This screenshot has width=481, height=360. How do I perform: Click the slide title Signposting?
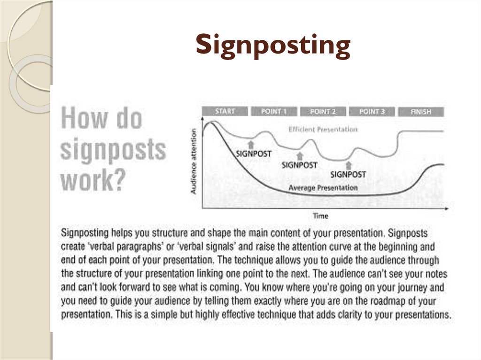273,46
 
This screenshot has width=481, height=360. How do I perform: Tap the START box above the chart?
225,111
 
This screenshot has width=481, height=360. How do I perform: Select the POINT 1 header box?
274,111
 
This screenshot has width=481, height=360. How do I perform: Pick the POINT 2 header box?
323,111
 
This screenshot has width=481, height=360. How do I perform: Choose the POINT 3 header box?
372,111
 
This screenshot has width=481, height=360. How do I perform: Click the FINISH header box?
421,112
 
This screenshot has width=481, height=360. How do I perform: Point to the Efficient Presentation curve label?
323,130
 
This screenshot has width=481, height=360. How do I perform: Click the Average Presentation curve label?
323,188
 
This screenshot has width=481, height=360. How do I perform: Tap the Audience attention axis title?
193,161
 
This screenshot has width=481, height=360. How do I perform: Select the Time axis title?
320,216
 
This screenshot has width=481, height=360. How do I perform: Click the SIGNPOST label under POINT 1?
254,153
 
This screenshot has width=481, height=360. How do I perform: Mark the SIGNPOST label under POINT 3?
348,175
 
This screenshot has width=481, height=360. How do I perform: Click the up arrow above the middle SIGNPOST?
300,156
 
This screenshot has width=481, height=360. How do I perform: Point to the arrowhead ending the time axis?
447,208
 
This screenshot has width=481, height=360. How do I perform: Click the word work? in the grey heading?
93,180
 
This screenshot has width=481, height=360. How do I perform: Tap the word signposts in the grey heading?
113,150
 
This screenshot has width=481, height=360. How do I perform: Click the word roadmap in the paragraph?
388,301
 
